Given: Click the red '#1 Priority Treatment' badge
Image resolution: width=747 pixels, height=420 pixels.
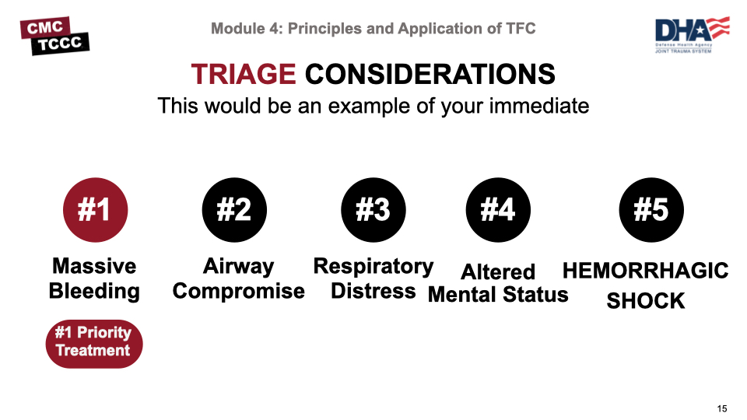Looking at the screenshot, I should point(93,342).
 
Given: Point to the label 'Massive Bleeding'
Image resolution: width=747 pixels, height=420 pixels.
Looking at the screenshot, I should point(94,279).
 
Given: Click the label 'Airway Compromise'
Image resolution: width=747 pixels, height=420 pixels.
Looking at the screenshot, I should point(238,279).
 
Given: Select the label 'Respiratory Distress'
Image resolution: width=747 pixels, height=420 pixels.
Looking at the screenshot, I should point(373,278).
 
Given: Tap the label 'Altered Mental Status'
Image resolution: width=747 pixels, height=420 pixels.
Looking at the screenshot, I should point(498,283).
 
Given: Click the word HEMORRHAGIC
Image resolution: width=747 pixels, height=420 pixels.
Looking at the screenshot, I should point(645,271).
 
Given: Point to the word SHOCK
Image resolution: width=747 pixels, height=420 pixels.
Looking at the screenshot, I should point(645,301).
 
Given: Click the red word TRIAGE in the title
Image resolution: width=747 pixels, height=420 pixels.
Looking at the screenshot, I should point(243,75).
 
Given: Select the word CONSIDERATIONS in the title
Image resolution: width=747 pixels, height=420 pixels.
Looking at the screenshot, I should point(430,75).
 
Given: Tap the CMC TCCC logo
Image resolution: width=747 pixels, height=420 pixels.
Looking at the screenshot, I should point(55,36).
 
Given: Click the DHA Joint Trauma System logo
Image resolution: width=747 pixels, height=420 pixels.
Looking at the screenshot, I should point(691,35).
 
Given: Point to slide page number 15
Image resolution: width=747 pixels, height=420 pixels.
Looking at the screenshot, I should point(722,409).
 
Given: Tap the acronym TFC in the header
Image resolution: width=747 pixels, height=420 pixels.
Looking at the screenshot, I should point(521,29).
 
